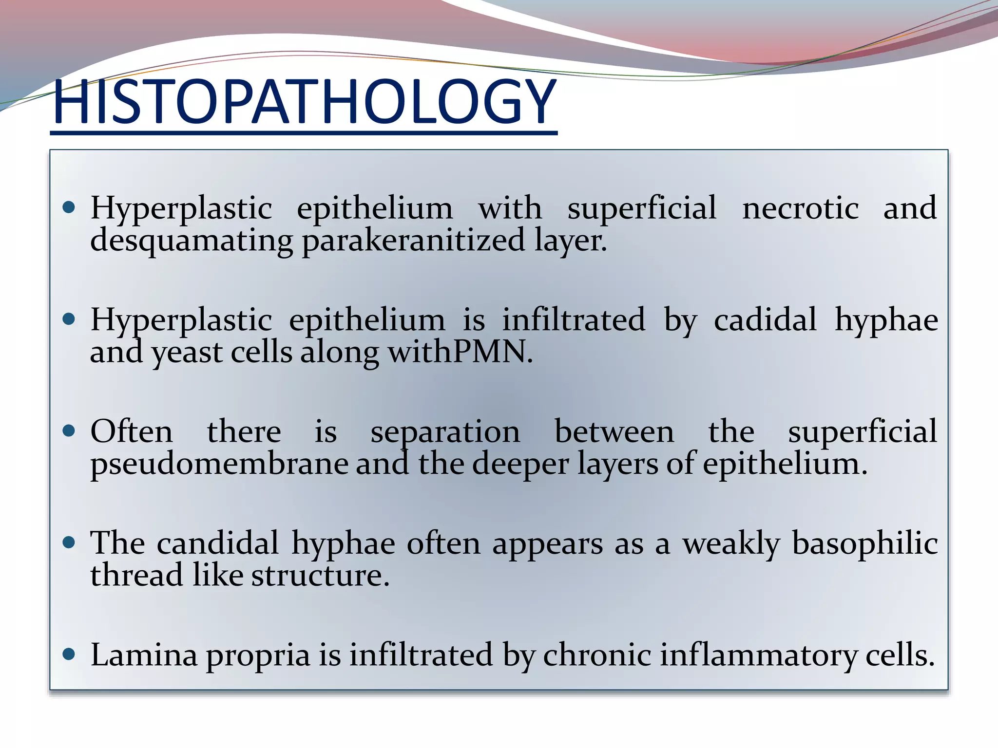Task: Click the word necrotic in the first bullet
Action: (x=800, y=208)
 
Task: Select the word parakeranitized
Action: (x=413, y=241)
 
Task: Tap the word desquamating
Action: (x=192, y=241)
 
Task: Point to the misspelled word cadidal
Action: (x=765, y=320)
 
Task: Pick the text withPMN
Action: (x=460, y=352)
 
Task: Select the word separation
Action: (x=445, y=432)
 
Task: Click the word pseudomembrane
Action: (x=219, y=464)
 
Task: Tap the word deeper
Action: (x=520, y=464)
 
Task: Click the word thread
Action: (x=136, y=575)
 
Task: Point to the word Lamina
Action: (x=144, y=655)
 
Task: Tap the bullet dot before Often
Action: (x=69, y=431)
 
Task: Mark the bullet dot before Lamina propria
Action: (x=69, y=654)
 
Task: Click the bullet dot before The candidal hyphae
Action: (x=69, y=542)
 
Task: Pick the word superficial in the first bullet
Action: (x=642, y=208)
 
